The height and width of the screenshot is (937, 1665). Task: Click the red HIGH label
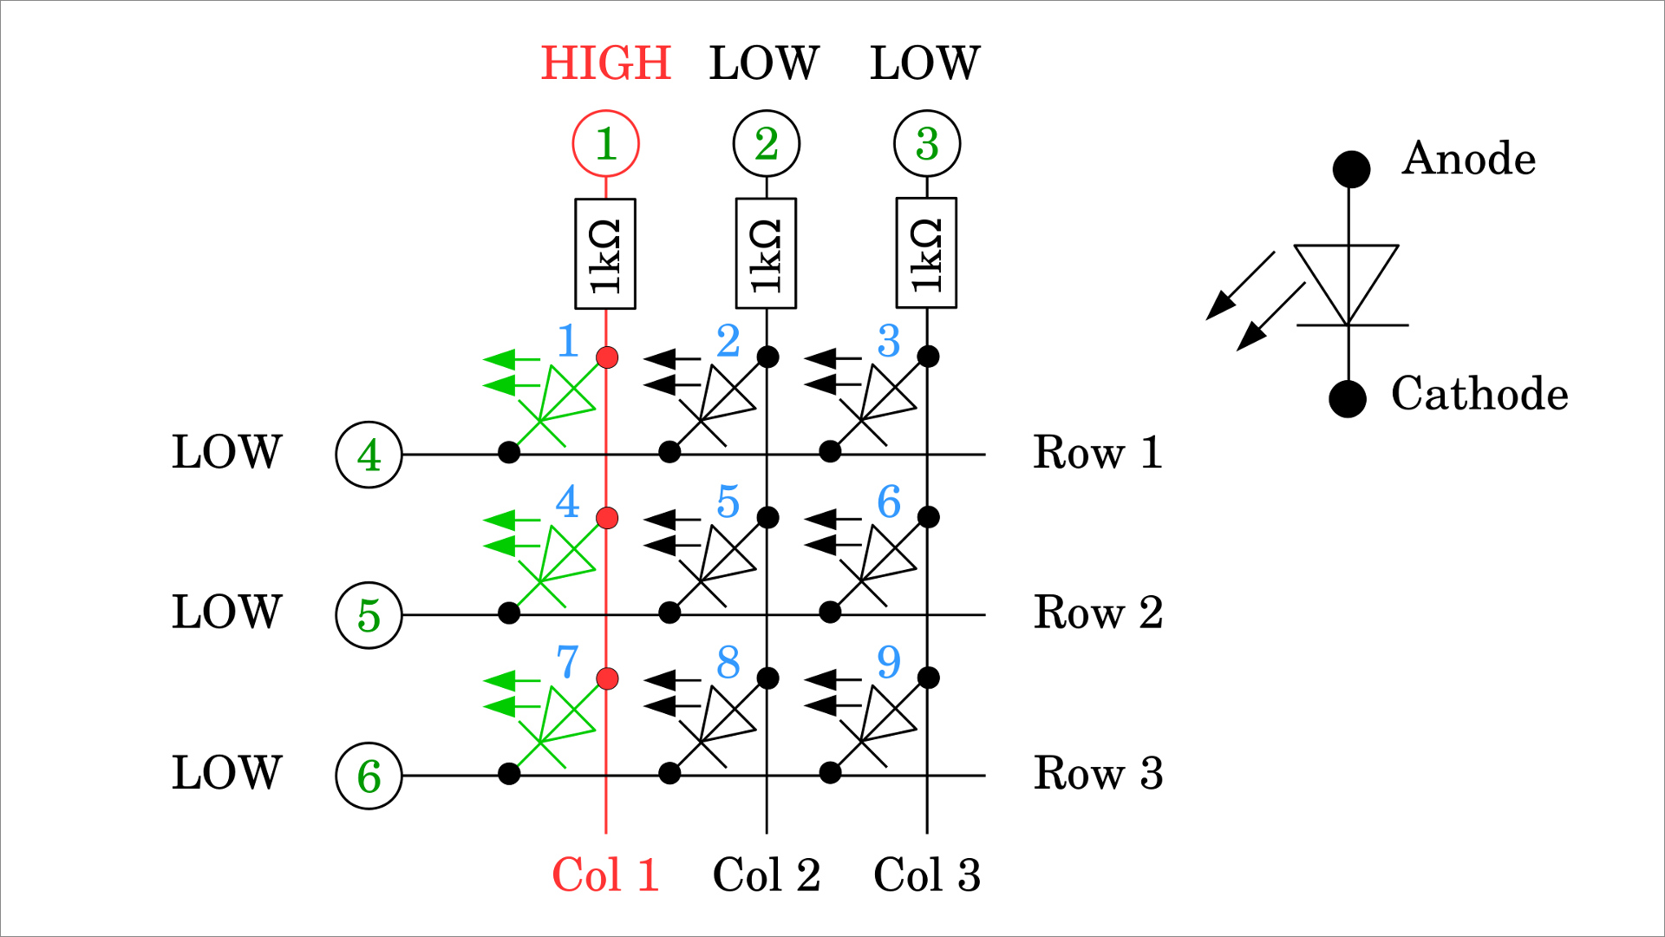(605, 63)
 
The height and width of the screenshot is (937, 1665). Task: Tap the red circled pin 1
(605, 143)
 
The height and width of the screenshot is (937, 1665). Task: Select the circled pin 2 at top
(766, 143)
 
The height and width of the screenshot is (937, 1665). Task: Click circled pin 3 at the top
(926, 143)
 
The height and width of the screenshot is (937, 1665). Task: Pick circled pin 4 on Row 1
(369, 455)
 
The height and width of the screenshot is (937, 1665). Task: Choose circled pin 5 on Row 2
(369, 615)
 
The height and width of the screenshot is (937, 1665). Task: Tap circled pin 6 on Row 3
(369, 776)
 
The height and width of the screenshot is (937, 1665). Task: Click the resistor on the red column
(605, 253)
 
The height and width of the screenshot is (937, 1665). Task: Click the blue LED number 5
(728, 501)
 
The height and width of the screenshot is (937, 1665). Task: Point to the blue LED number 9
(889, 662)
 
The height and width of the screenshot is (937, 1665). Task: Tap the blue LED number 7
(567, 662)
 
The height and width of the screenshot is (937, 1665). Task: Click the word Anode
(1468, 159)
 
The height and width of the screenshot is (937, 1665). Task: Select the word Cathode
(1479, 394)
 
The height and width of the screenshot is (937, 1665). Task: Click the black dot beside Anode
(1351, 168)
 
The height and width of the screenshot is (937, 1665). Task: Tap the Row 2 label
(1098, 613)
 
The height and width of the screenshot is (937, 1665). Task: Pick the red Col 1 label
(605, 875)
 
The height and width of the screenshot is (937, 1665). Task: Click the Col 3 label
(926, 875)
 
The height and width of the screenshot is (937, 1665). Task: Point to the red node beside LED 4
(607, 518)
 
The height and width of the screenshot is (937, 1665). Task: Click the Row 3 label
(1098, 773)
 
